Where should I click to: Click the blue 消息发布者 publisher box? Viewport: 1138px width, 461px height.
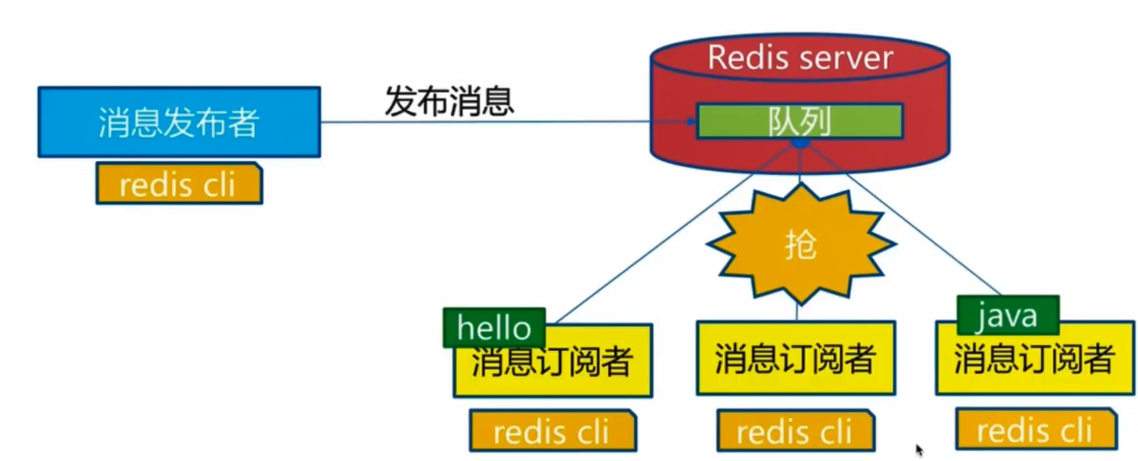180,122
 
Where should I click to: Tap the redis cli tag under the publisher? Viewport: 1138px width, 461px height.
180,183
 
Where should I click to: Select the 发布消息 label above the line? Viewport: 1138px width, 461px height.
449,101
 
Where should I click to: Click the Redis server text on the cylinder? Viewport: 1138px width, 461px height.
800,57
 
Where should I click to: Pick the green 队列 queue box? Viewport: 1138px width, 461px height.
800,121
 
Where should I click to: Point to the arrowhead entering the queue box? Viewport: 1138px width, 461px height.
691,122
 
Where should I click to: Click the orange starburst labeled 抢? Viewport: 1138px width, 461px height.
801,244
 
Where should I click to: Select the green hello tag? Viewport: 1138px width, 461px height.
494,328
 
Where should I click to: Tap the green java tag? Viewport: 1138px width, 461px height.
1008,314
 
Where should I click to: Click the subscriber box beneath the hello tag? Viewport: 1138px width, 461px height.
552,360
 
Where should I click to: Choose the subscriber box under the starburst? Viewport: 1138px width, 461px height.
796,357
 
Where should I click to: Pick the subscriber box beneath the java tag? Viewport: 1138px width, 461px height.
1035,357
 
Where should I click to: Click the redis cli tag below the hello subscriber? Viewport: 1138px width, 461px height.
552,431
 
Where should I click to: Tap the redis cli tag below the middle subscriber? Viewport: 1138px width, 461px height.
796,431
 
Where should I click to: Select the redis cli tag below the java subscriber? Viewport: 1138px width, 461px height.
1036,429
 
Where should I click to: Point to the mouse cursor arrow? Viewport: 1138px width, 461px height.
920,449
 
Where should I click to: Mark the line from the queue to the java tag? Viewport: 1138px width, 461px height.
905,219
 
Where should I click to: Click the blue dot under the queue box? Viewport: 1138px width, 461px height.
800,144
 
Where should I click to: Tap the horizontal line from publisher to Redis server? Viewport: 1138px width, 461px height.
504,122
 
